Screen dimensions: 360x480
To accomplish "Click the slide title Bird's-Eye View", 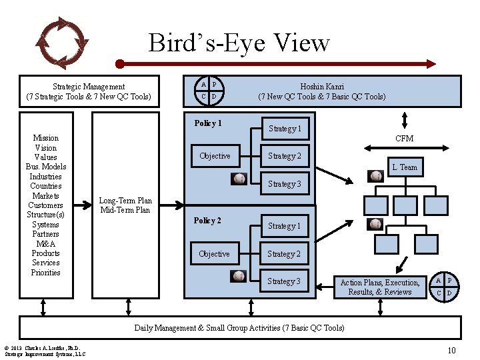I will tap(239, 43).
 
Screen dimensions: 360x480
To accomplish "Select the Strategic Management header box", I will tap(89, 91).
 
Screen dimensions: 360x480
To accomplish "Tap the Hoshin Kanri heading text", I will tap(321, 91).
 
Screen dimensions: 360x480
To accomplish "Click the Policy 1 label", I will tap(207, 123).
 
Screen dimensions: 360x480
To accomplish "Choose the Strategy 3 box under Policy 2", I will tap(284, 281).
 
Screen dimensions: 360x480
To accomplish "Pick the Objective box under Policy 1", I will tap(215, 156).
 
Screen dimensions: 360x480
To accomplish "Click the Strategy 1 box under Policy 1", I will tap(284, 129).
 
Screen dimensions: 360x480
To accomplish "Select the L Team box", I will tap(404, 167).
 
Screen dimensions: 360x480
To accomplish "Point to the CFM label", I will tap(404, 139).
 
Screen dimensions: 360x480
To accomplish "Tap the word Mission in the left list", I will tap(46, 138).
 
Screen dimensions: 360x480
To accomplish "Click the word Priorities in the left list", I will tap(46, 273).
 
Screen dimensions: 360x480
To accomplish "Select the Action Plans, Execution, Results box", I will tap(380, 287).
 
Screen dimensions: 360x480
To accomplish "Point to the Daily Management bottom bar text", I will tap(239, 327).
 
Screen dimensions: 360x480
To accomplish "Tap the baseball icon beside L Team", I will tap(376, 176).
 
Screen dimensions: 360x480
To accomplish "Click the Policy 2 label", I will tap(207, 221).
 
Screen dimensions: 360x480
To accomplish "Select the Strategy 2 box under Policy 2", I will tap(284, 254).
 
